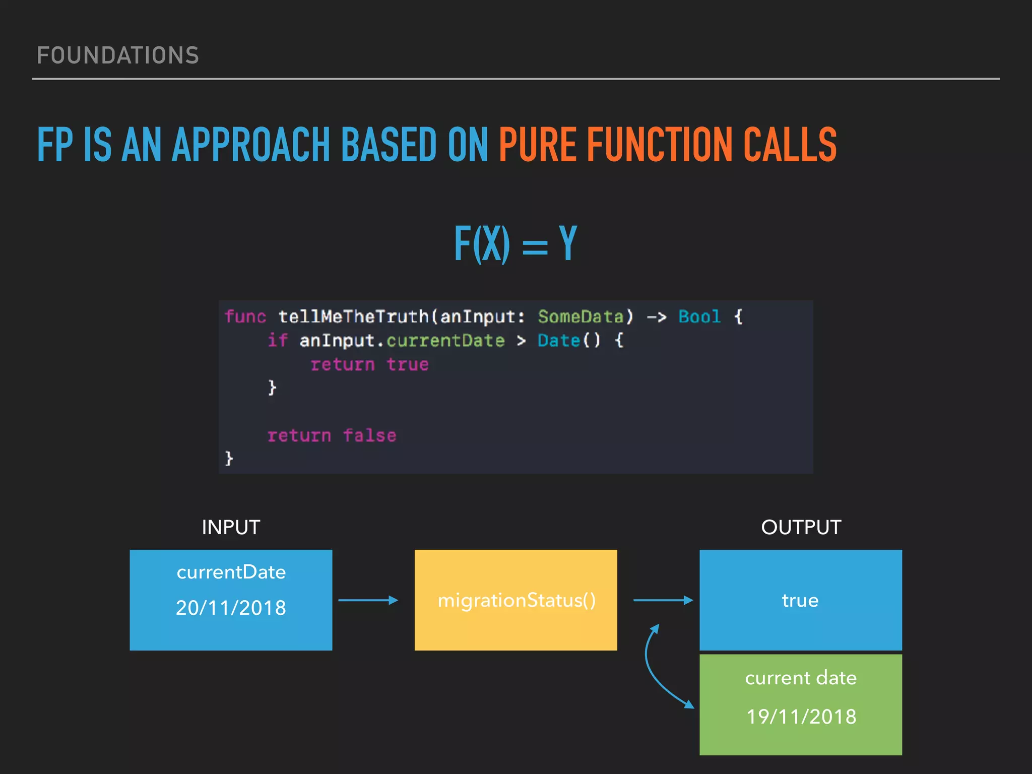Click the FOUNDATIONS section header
pos(118,55)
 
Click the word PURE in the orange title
pos(537,145)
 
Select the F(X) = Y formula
pos(515,244)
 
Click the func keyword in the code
pos(245,317)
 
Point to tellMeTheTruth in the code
pos(353,317)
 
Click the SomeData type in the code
pos(580,317)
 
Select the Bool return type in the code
pos(699,317)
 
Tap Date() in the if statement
pos(569,341)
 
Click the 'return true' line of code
pos(369,364)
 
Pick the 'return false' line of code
pos(332,435)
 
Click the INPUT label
pos(231,528)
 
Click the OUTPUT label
pos(801,528)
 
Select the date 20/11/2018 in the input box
pos(231,608)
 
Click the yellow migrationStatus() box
pos(515,600)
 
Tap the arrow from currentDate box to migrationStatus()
pos(368,600)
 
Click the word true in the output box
pos(800,601)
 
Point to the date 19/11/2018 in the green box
pos(801,717)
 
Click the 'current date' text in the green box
pos(801,678)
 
